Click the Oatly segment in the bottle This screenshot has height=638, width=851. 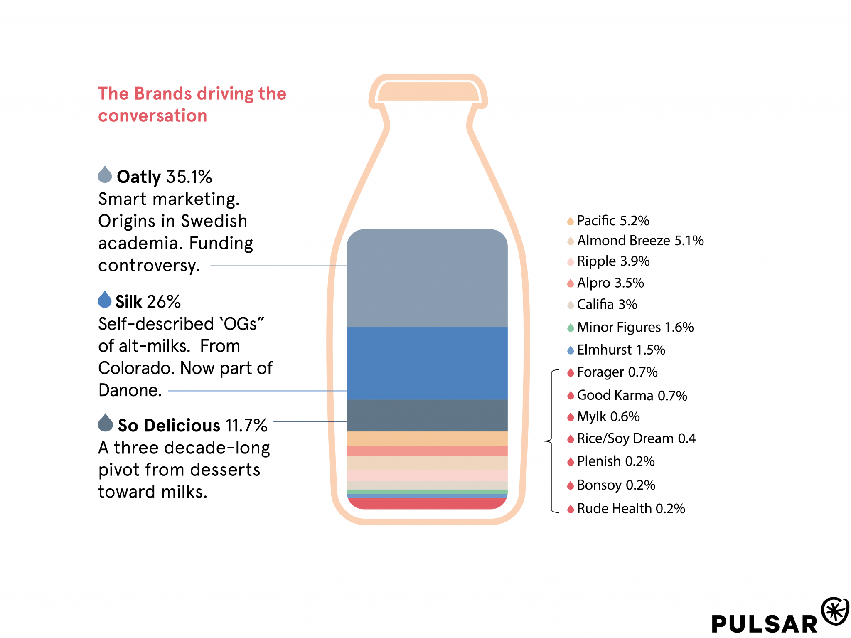click(427, 278)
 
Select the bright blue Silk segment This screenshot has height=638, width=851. click(427, 363)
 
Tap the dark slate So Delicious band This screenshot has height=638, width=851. click(427, 415)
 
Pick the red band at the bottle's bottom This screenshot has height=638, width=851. click(427, 503)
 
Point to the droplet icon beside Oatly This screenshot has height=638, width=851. click(105, 175)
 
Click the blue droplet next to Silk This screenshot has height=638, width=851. click(105, 300)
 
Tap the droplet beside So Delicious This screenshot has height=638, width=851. click(105, 423)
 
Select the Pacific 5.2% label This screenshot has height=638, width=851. click(613, 221)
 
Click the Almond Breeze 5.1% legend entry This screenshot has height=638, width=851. click(640, 241)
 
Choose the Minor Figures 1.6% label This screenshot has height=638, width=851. click(635, 327)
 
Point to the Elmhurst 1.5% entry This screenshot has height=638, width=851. click(621, 350)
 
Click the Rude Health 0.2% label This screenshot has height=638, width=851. click(631, 508)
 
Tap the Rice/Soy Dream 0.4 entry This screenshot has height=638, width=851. click(636, 438)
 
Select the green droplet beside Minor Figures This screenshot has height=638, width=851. click(571, 328)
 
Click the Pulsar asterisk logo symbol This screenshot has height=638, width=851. click(835, 611)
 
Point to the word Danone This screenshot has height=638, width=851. click(130, 390)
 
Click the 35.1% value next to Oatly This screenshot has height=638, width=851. click(189, 177)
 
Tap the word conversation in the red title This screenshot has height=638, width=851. click(152, 116)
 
